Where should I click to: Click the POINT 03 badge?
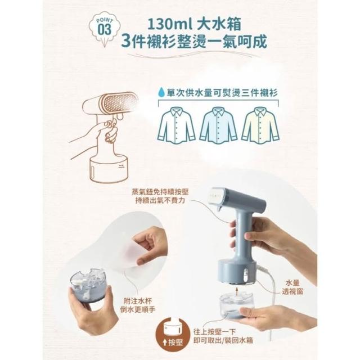coord(105,28)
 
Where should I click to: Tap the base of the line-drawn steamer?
coord(109,169)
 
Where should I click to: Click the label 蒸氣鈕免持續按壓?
coord(160,192)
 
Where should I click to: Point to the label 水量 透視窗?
coord(292,287)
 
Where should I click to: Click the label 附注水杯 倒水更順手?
coord(138,305)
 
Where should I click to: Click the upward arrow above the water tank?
coord(236,290)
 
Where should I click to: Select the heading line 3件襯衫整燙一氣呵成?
coord(194,42)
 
